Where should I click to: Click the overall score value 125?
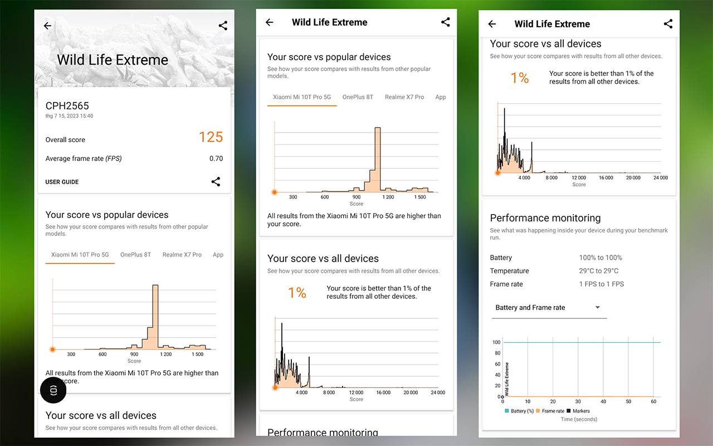point(211,137)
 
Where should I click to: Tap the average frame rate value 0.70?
point(216,158)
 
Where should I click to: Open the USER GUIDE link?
point(62,182)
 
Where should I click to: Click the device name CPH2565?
point(67,106)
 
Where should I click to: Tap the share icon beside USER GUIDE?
point(216,182)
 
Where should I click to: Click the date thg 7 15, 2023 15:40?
point(69,116)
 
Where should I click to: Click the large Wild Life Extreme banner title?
point(113,60)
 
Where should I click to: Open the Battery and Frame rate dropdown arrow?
point(598,307)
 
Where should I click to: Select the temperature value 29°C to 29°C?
point(598,271)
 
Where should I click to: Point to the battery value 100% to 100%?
point(600,258)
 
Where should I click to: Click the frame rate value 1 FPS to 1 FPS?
point(601,284)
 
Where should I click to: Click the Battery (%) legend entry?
point(519,411)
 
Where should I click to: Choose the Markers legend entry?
point(578,411)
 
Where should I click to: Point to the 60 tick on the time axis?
point(653,401)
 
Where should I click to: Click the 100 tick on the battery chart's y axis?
point(496,342)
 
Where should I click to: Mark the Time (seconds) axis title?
point(579,419)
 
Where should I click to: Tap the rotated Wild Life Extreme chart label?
point(507,379)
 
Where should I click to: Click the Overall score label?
point(65,139)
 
